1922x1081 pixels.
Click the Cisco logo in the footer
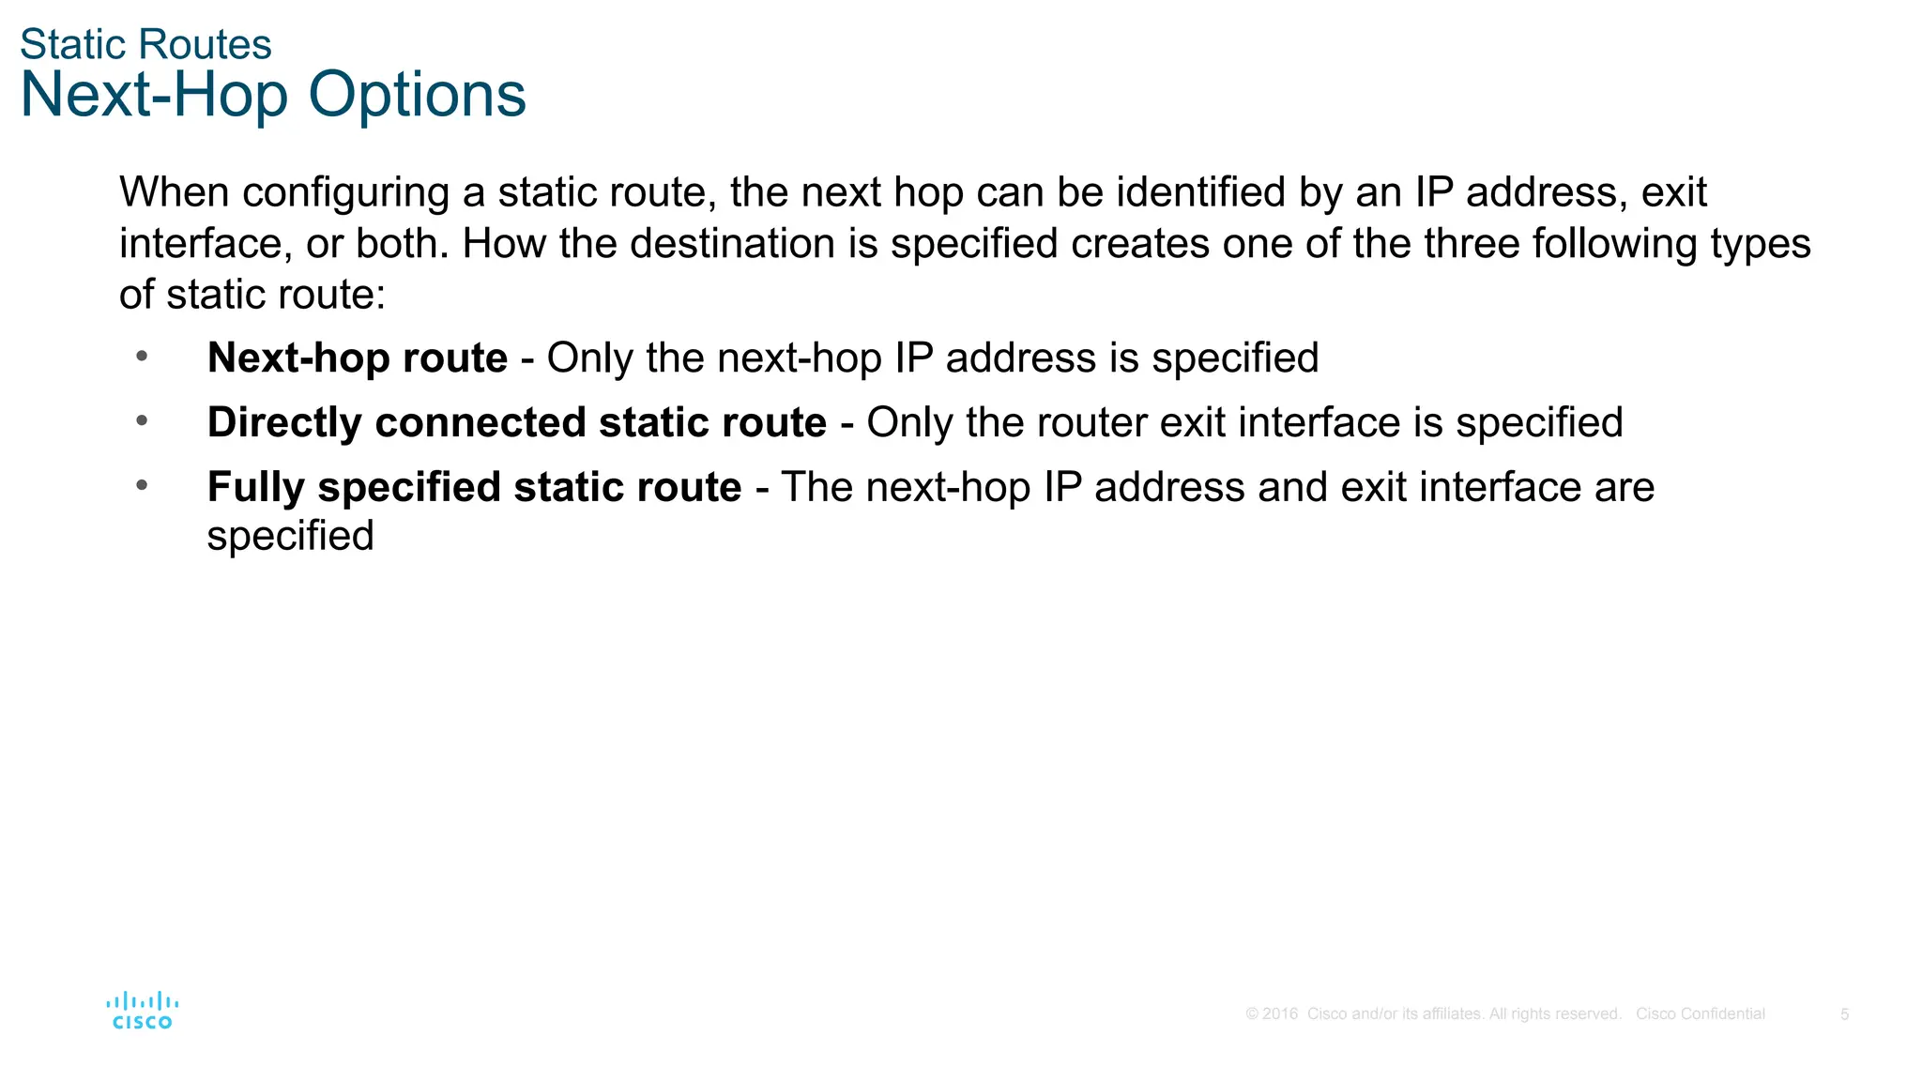coord(142,1011)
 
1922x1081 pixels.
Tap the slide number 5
coord(1844,1014)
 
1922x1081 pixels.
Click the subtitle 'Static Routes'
coord(145,44)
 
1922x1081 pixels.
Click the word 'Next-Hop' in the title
coord(154,95)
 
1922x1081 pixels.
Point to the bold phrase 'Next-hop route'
coord(357,358)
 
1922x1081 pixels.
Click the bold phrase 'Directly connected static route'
coord(516,423)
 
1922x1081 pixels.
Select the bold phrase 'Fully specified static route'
coord(474,488)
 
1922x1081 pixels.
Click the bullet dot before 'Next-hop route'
coord(142,356)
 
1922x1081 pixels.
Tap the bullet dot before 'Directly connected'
coord(142,420)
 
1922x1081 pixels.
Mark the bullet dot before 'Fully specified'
coord(142,485)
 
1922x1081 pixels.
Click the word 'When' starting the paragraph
coord(174,192)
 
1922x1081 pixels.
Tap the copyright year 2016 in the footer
coord(1280,1014)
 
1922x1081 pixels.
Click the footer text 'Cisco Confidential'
coord(1700,1014)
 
